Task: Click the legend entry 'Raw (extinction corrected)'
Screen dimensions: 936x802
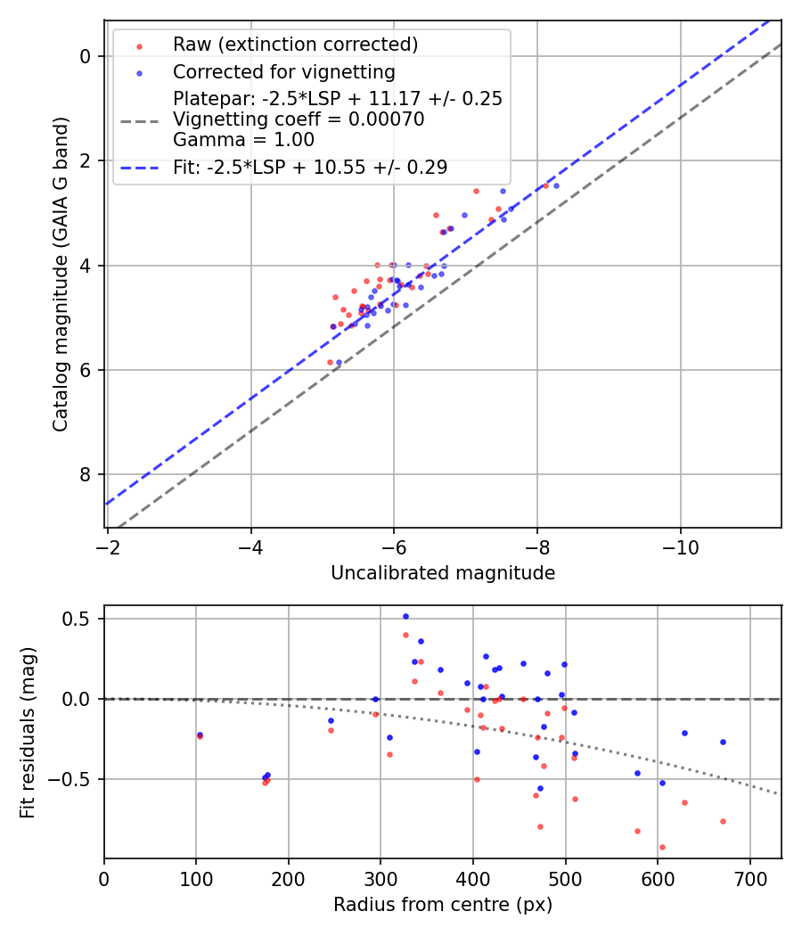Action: tap(295, 45)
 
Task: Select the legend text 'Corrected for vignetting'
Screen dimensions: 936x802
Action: tap(283, 71)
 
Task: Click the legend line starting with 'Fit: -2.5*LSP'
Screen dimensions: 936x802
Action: tap(310, 167)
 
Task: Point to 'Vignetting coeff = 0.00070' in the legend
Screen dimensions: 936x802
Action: tap(299, 119)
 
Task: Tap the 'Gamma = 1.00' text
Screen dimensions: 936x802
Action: tap(243, 140)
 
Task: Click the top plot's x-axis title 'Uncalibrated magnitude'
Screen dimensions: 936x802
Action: tap(443, 573)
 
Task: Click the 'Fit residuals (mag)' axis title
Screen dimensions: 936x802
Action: tap(29, 732)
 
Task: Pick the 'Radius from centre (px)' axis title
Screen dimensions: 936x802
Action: tap(443, 905)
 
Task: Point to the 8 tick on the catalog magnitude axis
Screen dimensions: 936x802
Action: tap(86, 474)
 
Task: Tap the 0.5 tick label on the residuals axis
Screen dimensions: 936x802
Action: tap(80, 619)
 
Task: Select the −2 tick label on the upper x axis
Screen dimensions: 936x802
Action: tap(108, 546)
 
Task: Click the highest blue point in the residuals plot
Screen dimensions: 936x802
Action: tap(405, 616)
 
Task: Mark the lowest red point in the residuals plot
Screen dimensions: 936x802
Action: tap(662, 847)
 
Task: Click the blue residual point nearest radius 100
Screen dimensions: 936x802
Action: tap(200, 735)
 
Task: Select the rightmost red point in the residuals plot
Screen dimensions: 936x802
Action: tap(723, 821)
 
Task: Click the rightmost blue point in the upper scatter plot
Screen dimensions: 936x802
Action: tap(556, 185)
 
